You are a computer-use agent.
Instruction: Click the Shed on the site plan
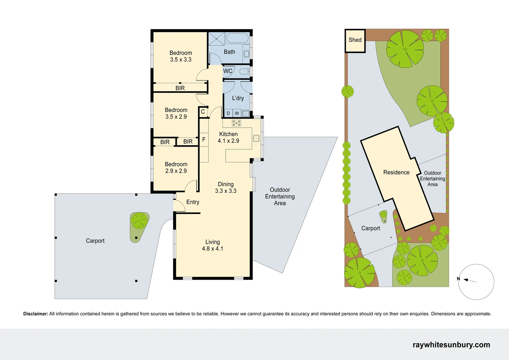pyautogui.click(x=355, y=40)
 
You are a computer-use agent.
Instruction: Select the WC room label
pyautogui.click(x=228, y=71)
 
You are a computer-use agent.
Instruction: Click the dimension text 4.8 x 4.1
pyautogui.click(x=213, y=249)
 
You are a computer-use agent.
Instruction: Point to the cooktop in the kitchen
pyautogui.click(x=237, y=123)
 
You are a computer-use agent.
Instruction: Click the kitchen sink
pyautogui.click(x=256, y=138)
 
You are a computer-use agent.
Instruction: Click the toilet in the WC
pyautogui.click(x=245, y=71)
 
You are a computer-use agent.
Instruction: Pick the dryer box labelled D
pyautogui.click(x=228, y=113)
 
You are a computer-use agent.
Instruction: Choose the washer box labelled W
pyautogui.click(x=237, y=113)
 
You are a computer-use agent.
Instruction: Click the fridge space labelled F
pyautogui.click(x=204, y=140)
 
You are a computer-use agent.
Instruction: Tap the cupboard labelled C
pyautogui.click(x=203, y=112)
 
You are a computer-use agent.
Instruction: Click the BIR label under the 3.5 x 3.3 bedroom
pyautogui.click(x=180, y=88)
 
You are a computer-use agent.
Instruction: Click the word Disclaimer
pyautogui.click(x=36, y=314)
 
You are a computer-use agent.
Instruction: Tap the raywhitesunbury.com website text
pyautogui.click(x=451, y=345)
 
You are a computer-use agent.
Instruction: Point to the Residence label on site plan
pyautogui.click(x=396, y=172)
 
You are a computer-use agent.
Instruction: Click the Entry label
pyautogui.click(x=193, y=202)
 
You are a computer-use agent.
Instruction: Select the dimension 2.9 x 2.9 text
pyautogui.click(x=176, y=171)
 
